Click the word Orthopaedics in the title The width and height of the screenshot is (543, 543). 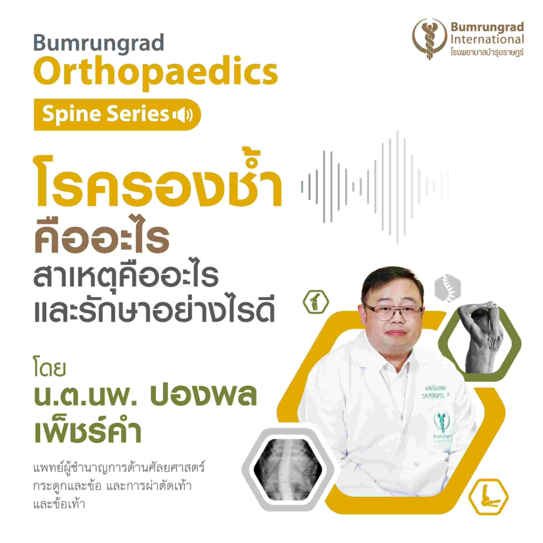[156, 73]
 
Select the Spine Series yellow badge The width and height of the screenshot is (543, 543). [117, 115]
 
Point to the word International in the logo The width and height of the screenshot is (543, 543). [487, 39]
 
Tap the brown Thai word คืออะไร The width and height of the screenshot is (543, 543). [102, 237]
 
